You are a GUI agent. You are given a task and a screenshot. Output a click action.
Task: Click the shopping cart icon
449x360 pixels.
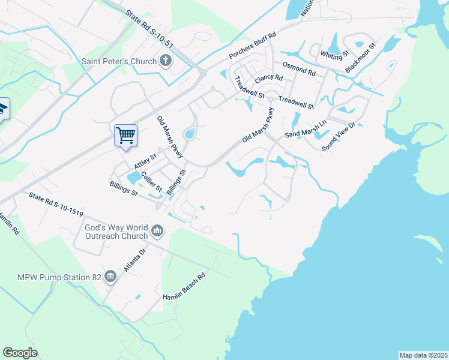(125, 134)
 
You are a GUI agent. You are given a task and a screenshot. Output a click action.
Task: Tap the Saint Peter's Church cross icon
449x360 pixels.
(165, 61)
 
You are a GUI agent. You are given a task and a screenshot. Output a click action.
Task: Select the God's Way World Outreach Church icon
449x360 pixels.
(157, 230)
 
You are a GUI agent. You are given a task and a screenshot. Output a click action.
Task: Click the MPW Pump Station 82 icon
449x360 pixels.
(110, 277)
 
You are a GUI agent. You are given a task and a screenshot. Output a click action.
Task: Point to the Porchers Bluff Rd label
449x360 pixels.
(252, 46)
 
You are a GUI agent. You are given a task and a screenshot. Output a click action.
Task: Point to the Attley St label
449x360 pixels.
(145, 160)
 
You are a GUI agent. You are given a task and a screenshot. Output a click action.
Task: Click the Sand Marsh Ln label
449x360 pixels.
(306, 128)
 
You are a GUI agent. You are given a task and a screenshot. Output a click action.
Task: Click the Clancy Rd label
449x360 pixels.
(268, 79)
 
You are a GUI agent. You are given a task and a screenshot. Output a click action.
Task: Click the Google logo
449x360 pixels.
(20, 353)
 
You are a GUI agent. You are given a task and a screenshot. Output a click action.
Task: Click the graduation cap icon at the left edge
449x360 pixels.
(2, 109)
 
